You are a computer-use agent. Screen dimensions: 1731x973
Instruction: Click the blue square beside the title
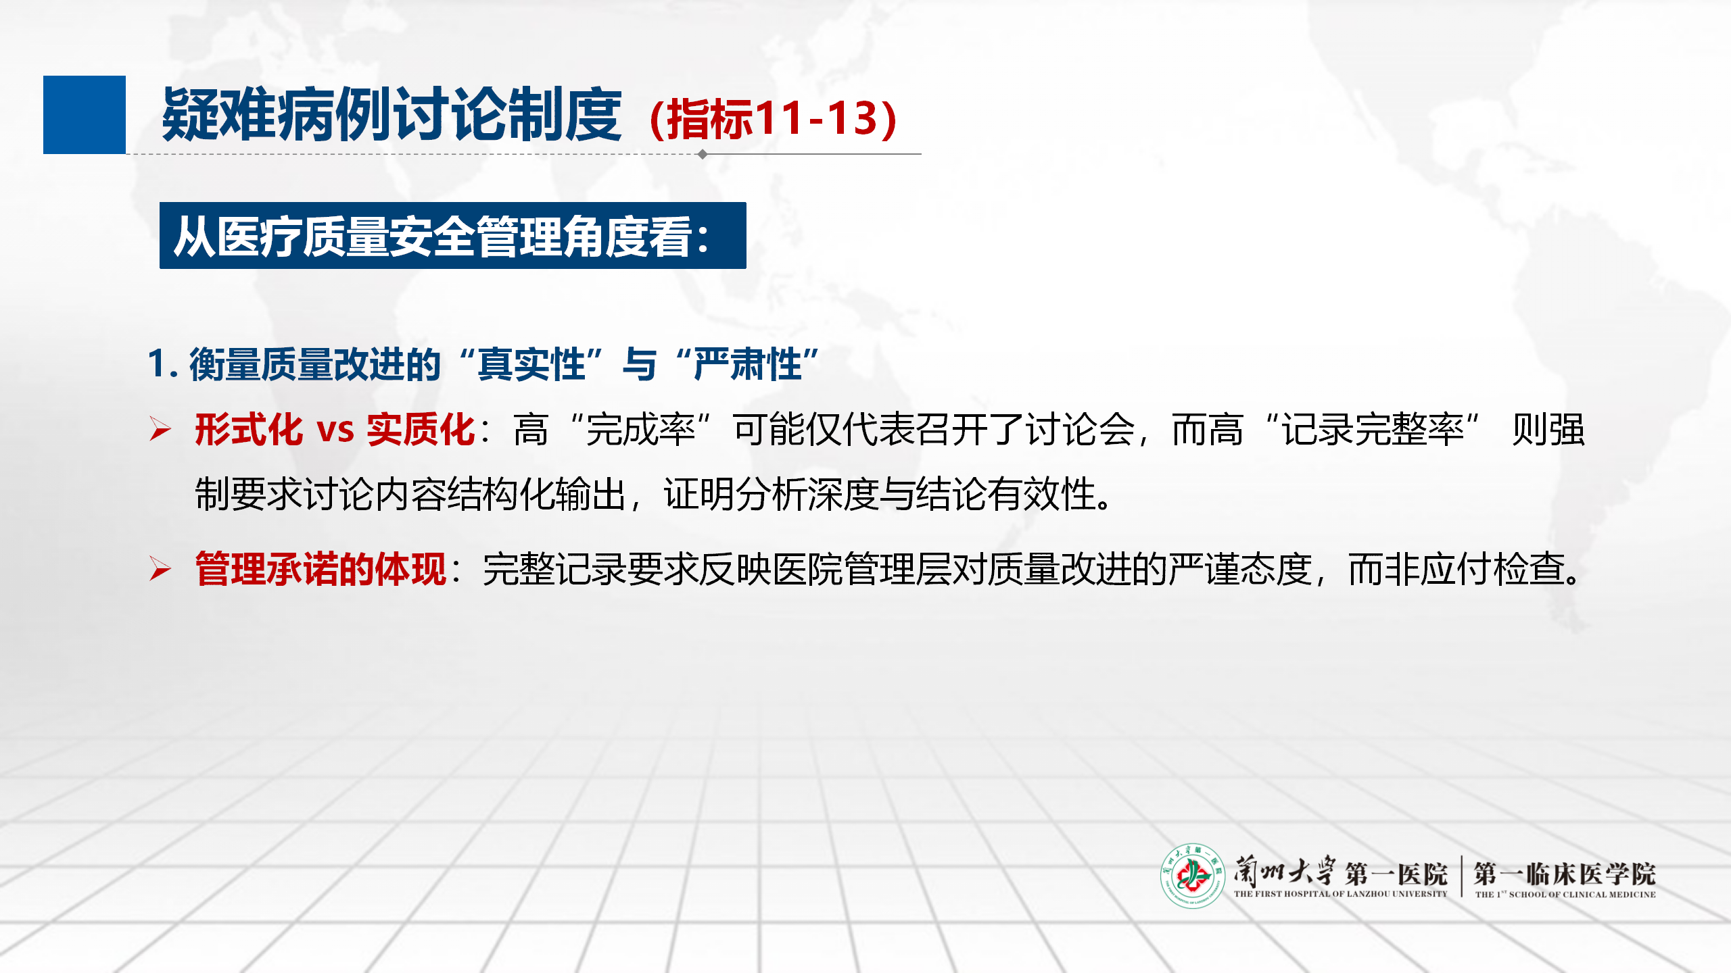click(x=85, y=115)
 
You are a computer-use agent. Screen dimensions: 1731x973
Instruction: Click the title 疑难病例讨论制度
click(x=392, y=115)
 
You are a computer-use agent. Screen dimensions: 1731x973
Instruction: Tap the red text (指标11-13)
click(x=773, y=118)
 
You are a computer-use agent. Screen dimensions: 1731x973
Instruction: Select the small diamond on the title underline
click(x=703, y=154)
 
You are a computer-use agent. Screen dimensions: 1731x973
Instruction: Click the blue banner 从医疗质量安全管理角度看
click(x=453, y=236)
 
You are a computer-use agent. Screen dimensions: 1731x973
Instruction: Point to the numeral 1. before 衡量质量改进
click(x=162, y=364)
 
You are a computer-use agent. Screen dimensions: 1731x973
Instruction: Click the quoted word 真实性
click(x=531, y=364)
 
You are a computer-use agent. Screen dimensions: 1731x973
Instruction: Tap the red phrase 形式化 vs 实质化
click(x=335, y=429)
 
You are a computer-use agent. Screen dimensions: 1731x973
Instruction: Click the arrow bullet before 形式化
click(x=160, y=430)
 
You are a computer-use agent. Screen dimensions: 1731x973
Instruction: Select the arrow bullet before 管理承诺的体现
click(x=160, y=569)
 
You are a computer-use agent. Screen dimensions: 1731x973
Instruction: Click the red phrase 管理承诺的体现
click(x=321, y=569)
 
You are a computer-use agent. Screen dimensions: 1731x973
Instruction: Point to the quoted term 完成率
click(x=641, y=430)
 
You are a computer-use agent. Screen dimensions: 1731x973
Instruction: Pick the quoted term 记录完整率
click(x=1373, y=430)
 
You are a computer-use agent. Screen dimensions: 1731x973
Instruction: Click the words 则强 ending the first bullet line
click(x=1548, y=430)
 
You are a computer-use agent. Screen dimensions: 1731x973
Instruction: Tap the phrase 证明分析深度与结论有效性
click(x=879, y=494)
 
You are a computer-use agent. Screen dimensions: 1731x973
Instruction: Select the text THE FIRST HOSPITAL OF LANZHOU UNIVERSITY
click(x=1340, y=894)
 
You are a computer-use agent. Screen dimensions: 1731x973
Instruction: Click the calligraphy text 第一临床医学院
click(x=1565, y=874)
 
